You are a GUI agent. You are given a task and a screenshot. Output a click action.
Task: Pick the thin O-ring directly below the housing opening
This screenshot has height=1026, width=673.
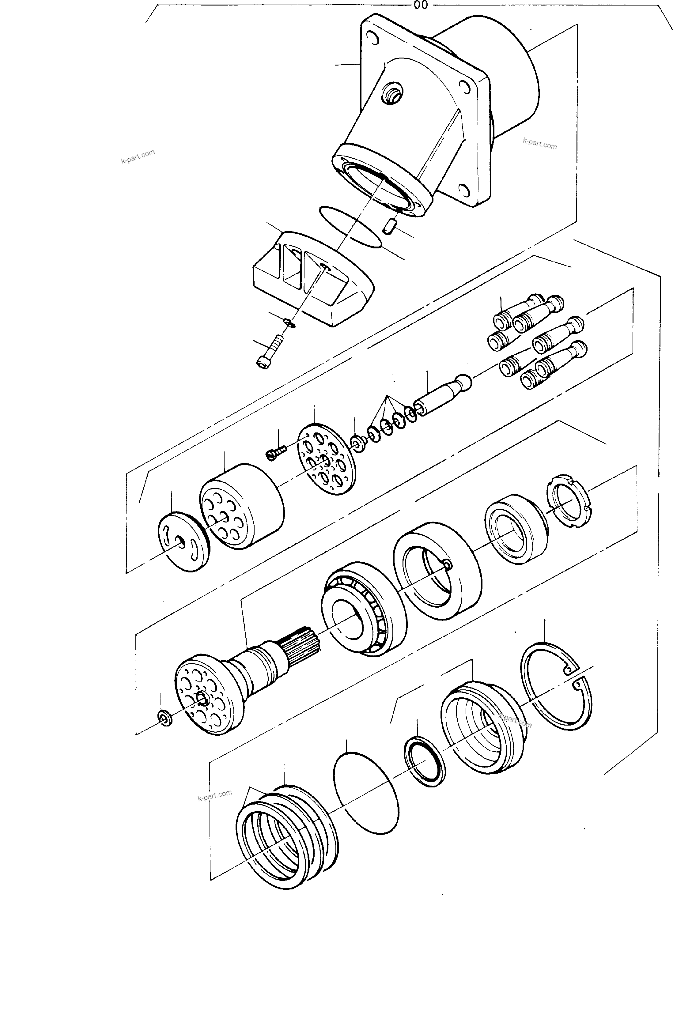[350, 226]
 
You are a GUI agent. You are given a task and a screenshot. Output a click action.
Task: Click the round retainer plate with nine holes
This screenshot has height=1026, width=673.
[327, 459]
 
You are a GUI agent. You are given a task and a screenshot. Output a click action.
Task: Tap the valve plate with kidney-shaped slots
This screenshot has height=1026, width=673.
[183, 542]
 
